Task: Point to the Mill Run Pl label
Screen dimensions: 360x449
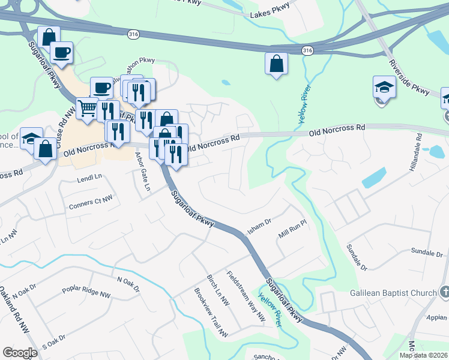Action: pyautogui.click(x=292, y=230)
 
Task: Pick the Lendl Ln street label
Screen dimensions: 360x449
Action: pyautogui.click(x=89, y=178)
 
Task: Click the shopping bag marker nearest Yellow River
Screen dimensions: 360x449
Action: pyautogui.click(x=276, y=64)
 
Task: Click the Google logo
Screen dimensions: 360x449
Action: pyautogui.click(x=20, y=353)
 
